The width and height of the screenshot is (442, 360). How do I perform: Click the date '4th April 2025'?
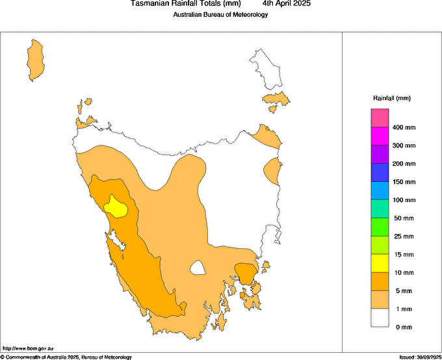click(286, 4)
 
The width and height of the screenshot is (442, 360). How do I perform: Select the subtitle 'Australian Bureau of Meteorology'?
click(220, 14)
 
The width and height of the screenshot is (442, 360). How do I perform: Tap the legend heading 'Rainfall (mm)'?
click(392, 98)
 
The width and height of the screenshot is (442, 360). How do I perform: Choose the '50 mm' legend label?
click(404, 218)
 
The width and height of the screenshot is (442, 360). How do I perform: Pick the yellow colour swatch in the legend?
click(380, 263)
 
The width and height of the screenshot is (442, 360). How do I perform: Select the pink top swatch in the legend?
click(380, 118)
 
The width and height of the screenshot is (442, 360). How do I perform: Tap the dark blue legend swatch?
click(380, 172)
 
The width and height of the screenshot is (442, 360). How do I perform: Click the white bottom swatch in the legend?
click(380, 318)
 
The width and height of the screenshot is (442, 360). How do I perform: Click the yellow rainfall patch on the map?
click(116, 207)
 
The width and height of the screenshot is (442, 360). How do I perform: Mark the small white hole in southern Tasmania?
click(197, 267)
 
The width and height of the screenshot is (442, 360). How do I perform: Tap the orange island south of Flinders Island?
click(276, 99)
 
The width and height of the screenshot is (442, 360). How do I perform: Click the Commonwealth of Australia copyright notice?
click(66, 357)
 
